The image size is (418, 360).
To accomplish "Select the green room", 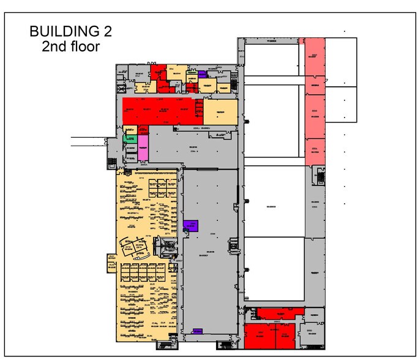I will (x=129, y=139).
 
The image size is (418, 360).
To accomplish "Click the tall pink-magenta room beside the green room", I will (x=143, y=146).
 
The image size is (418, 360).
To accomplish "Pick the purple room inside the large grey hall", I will (x=191, y=225).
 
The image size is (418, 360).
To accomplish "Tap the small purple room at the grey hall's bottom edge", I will (x=198, y=331).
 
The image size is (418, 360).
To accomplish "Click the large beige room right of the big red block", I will (x=220, y=112).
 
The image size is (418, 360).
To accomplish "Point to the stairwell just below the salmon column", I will (x=319, y=176).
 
